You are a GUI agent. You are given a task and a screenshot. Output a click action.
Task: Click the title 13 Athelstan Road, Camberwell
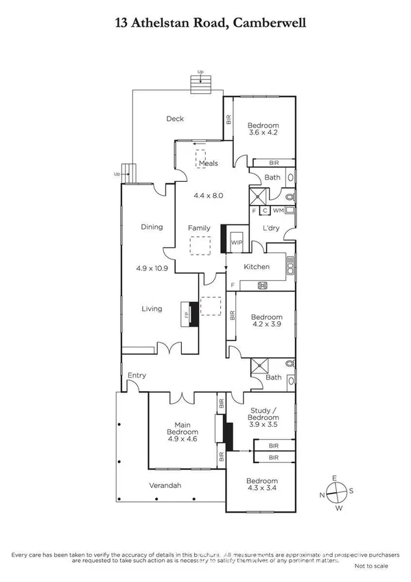pyautogui.click(x=205, y=23)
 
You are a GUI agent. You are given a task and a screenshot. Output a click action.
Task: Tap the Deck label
pyautogui.click(x=175, y=119)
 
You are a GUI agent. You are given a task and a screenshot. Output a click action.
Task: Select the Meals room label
pyautogui.click(x=209, y=163)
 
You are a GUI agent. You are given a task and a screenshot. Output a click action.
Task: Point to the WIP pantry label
pyautogui.click(x=237, y=243)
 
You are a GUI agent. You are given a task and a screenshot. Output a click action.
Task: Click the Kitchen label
pyautogui.click(x=257, y=266)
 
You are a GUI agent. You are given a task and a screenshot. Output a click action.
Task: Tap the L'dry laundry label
pyautogui.click(x=268, y=228)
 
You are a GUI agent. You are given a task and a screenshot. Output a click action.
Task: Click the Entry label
pyautogui.click(x=137, y=375)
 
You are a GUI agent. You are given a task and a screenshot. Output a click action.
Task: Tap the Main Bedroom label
pyautogui.click(x=182, y=428)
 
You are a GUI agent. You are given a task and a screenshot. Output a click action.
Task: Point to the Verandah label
pyautogui.click(x=165, y=486)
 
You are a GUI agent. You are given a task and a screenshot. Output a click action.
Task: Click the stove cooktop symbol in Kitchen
pyautogui.click(x=262, y=285)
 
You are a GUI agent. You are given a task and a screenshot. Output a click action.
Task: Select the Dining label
pyautogui.click(x=152, y=226)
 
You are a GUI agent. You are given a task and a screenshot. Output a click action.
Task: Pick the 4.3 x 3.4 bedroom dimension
pyautogui.click(x=263, y=489)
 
